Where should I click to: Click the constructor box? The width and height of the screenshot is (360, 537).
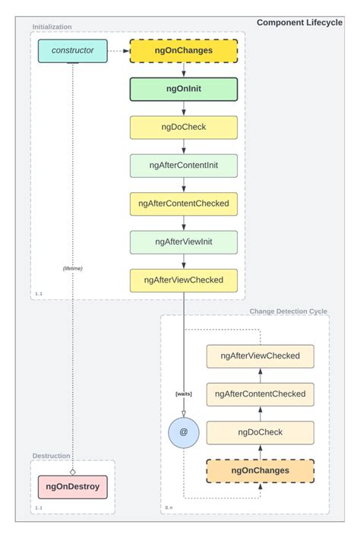(x=72, y=51)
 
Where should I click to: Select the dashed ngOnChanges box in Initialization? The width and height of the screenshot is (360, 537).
(x=184, y=51)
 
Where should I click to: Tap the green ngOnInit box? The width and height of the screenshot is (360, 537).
(x=184, y=89)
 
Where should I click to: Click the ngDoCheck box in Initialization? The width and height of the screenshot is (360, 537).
(x=184, y=127)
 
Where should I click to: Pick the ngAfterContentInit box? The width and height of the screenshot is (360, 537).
(x=184, y=166)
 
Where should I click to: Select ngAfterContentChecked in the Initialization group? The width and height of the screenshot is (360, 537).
(x=184, y=204)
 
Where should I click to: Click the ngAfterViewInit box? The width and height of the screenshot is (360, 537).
(x=184, y=242)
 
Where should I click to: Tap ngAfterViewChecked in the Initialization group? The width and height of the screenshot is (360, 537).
(x=184, y=280)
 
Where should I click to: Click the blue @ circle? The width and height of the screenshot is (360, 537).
(x=183, y=431)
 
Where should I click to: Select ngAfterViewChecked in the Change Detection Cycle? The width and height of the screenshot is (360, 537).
(x=260, y=355)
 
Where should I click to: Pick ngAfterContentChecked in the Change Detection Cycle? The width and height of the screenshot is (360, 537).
(x=260, y=393)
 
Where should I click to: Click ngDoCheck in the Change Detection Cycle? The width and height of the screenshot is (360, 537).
(x=260, y=432)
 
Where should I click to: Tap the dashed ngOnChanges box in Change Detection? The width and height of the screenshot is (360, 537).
(x=260, y=470)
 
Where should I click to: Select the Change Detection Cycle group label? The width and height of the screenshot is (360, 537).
(x=289, y=311)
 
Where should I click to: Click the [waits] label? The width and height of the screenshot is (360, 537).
(x=183, y=393)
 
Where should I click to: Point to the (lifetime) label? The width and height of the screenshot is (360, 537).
(x=73, y=268)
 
